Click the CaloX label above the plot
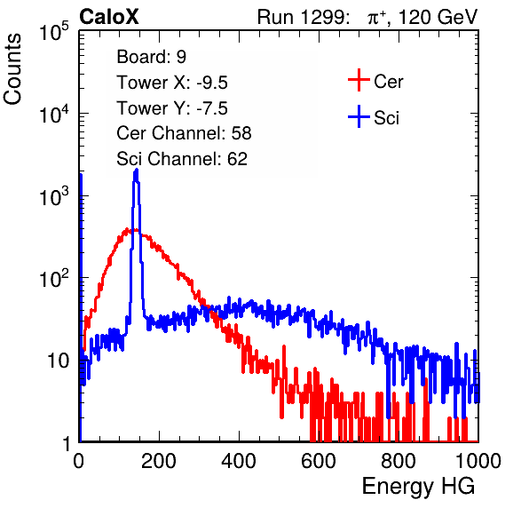click(108, 17)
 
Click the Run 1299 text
click(303, 17)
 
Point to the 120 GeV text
click(438, 17)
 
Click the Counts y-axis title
click(12, 69)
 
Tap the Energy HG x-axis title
click(418, 487)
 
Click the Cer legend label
click(388, 82)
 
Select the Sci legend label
click(386, 118)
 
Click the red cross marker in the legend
click(359, 80)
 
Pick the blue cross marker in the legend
click(359, 116)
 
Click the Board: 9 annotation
click(152, 57)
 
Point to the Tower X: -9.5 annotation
click(172, 83)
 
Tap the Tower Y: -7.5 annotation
click(172, 108)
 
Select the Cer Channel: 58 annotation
click(184, 133)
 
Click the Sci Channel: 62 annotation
click(182, 159)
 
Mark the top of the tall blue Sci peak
click(137, 170)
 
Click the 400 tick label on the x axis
click(239, 461)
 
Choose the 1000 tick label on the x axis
click(478, 461)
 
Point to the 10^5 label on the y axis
click(54, 32)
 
